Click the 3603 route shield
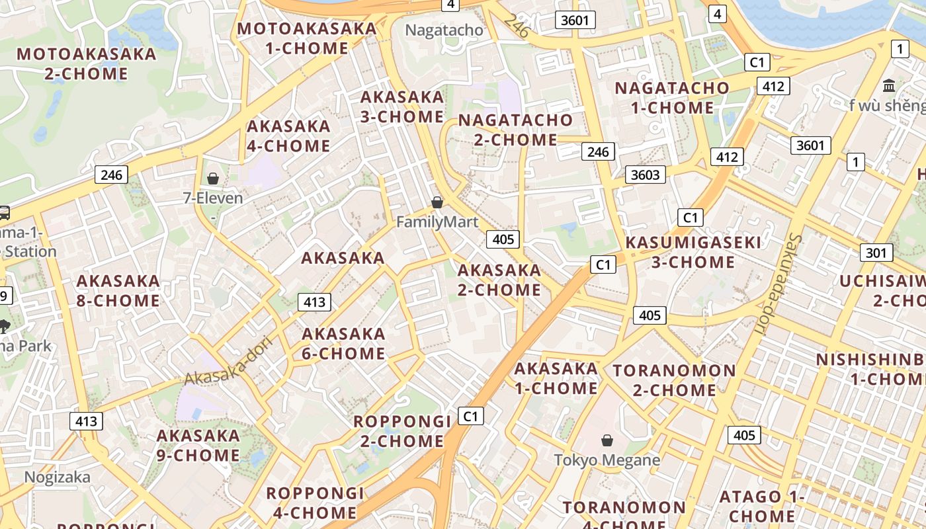pyautogui.click(x=646, y=175)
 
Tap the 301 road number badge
pyautogui.click(x=876, y=253)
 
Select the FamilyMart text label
pyautogui.click(x=437, y=222)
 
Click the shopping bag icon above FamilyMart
pyautogui.click(x=437, y=202)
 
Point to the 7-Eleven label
pyautogui.click(x=213, y=198)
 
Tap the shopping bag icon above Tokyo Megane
pyautogui.click(x=607, y=440)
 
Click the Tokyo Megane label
pyautogui.click(x=607, y=460)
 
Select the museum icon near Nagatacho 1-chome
pyautogui.click(x=889, y=85)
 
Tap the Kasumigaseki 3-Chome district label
pyautogui.click(x=693, y=252)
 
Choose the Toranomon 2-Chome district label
pyautogui.click(x=674, y=380)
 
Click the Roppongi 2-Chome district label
pyautogui.click(x=401, y=431)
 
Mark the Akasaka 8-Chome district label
pyautogui.click(x=118, y=291)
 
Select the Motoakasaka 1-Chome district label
pyautogui.click(x=306, y=38)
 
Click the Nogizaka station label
pyautogui.click(x=58, y=477)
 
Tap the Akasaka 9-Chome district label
pyautogui.click(x=198, y=446)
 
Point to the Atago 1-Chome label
pyautogui.click(x=762, y=506)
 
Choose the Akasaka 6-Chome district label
pyautogui.click(x=343, y=343)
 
